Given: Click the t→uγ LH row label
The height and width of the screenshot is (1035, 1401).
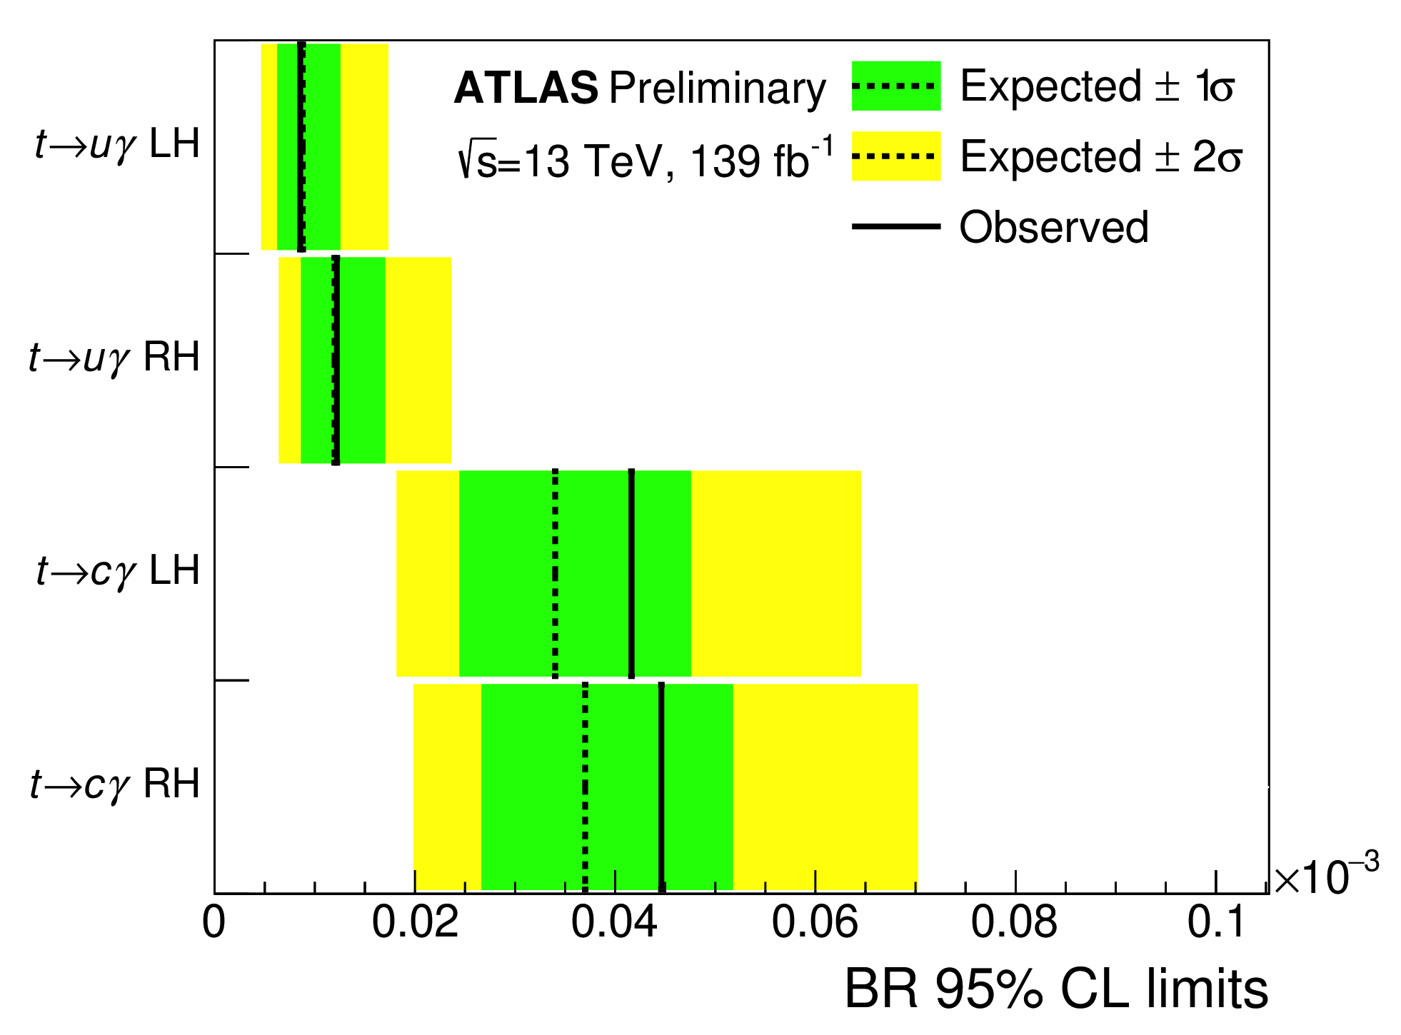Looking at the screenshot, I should pyautogui.click(x=117, y=145).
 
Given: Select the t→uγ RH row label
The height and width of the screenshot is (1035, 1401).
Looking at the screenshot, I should pyautogui.click(x=114, y=358).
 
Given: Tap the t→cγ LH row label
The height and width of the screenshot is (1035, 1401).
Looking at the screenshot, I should pyautogui.click(x=118, y=571).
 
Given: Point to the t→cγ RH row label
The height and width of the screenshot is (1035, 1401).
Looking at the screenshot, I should pyautogui.click(x=114, y=784).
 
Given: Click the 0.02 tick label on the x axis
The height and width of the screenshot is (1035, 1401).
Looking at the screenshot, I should pyautogui.click(x=415, y=922).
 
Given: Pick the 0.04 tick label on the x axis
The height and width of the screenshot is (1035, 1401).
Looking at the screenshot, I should pyautogui.click(x=614, y=922).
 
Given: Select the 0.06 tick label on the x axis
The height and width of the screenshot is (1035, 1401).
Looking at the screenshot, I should pyautogui.click(x=815, y=922).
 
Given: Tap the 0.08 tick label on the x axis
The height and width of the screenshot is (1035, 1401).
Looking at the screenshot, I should pyautogui.click(x=1014, y=922).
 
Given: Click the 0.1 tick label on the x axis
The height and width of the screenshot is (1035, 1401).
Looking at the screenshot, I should pyautogui.click(x=1216, y=922).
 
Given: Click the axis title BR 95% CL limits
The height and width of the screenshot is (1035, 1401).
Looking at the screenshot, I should pyautogui.click(x=1056, y=990).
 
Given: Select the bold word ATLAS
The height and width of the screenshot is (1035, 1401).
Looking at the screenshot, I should pyautogui.click(x=526, y=89).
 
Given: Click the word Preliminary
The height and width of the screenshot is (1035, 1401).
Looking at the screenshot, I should pyautogui.click(x=717, y=89).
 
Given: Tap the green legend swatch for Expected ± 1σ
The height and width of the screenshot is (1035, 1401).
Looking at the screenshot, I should pyautogui.click(x=895, y=86).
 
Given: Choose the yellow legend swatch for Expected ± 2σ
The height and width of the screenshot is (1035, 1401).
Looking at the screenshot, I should pyautogui.click(x=895, y=156).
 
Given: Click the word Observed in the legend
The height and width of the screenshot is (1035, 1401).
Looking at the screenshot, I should pyautogui.click(x=1053, y=227).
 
